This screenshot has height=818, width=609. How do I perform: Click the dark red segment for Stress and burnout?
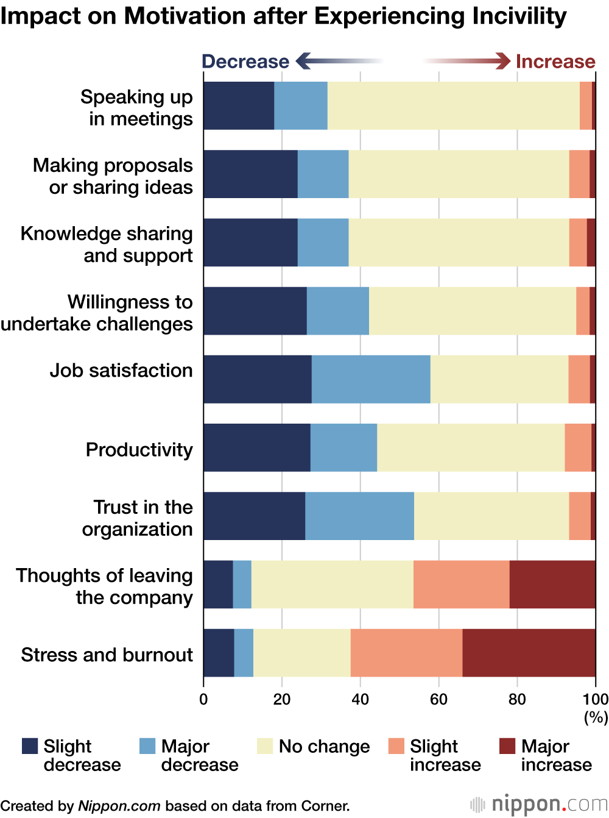(529, 653)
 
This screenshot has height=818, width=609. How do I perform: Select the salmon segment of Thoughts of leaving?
(461, 585)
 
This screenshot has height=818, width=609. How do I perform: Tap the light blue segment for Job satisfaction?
(371, 379)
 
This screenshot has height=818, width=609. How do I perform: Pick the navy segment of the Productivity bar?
(256, 447)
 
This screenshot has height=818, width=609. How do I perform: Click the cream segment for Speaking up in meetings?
(453, 105)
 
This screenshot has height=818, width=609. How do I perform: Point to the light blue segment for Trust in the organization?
(359, 516)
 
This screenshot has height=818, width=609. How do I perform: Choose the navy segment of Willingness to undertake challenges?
(255, 311)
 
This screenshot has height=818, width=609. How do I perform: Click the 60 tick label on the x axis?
(438, 699)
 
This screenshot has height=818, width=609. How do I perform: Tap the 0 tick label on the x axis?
(203, 699)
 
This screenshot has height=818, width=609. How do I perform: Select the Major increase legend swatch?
(507, 746)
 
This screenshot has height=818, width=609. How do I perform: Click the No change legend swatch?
(264, 746)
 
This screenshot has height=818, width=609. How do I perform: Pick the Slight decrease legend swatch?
(30, 746)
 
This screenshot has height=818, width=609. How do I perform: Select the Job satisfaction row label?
(121, 371)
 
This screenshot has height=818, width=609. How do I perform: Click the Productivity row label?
(139, 450)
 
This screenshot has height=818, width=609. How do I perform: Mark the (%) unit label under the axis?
(596, 717)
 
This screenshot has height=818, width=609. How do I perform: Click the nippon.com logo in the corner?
(539, 805)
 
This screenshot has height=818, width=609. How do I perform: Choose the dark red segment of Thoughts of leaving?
(552, 585)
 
